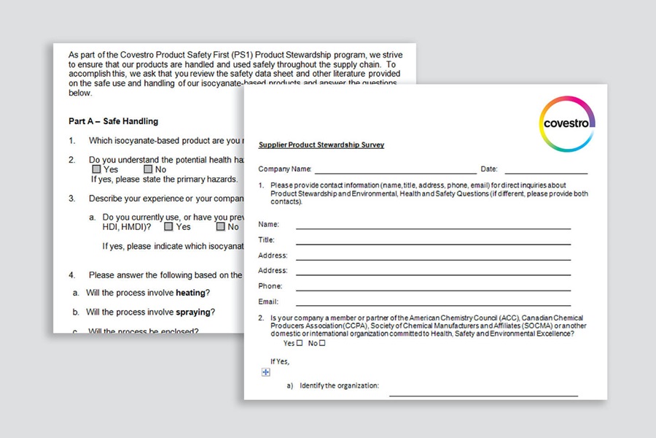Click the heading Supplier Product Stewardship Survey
[x=321, y=145]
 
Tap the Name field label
[x=268, y=225]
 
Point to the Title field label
[x=266, y=240]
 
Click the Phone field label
[x=270, y=286]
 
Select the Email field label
[x=268, y=301]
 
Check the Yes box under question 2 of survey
[x=300, y=343]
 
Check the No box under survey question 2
[x=322, y=343]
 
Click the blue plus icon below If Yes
[x=266, y=372]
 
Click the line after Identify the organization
[x=483, y=395]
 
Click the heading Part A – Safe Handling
[x=113, y=121]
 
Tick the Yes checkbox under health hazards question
[x=97, y=169]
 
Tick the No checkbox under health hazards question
[x=148, y=169]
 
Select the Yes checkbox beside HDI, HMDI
[x=168, y=226]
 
